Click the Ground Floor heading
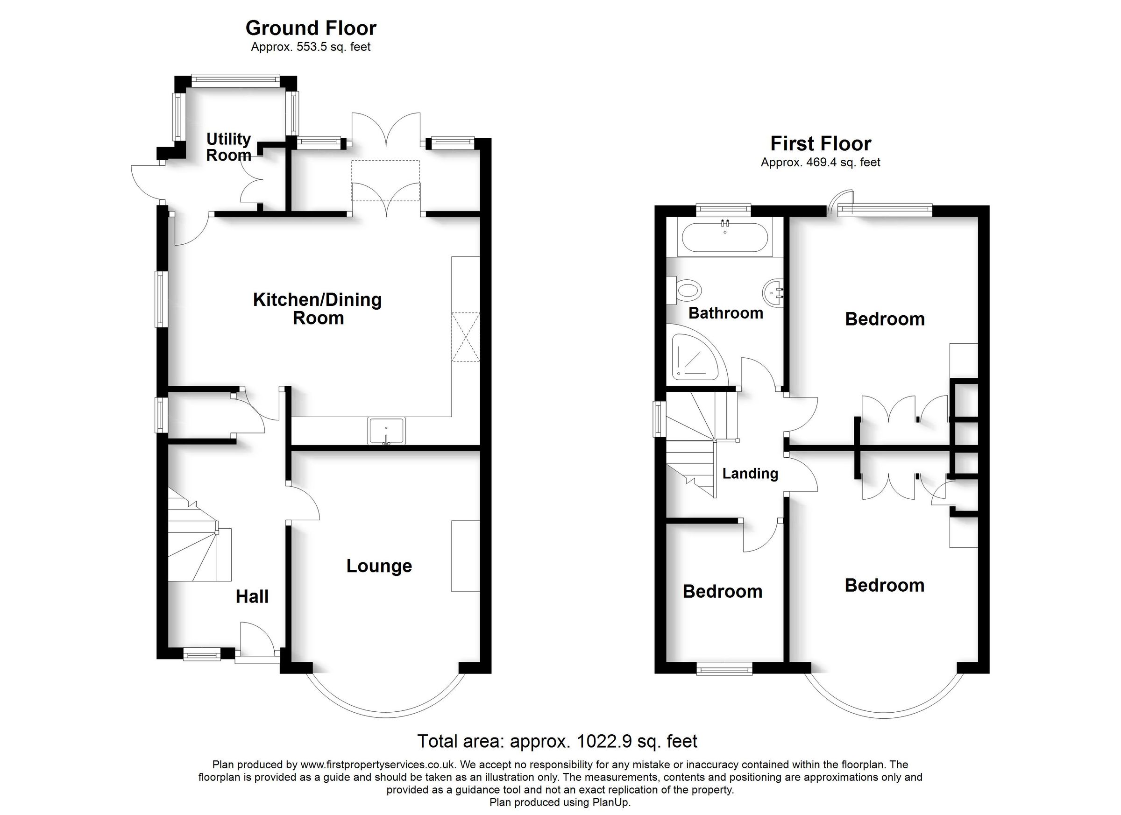tap(311, 28)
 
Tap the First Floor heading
tap(821, 144)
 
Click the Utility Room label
tap(228, 147)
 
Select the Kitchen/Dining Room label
tap(317, 308)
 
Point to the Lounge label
tap(379, 566)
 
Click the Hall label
tap(252, 596)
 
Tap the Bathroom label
tap(725, 313)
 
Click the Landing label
tap(750, 474)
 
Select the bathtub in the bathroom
tap(724, 238)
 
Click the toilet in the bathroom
tap(688, 290)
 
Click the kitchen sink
tap(386, 430)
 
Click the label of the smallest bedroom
tap(722, 592)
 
